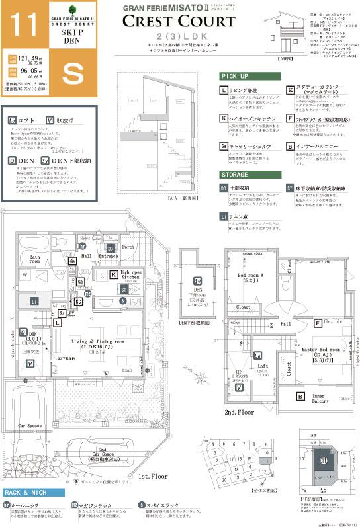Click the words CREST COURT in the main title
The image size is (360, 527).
click(179, 22)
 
